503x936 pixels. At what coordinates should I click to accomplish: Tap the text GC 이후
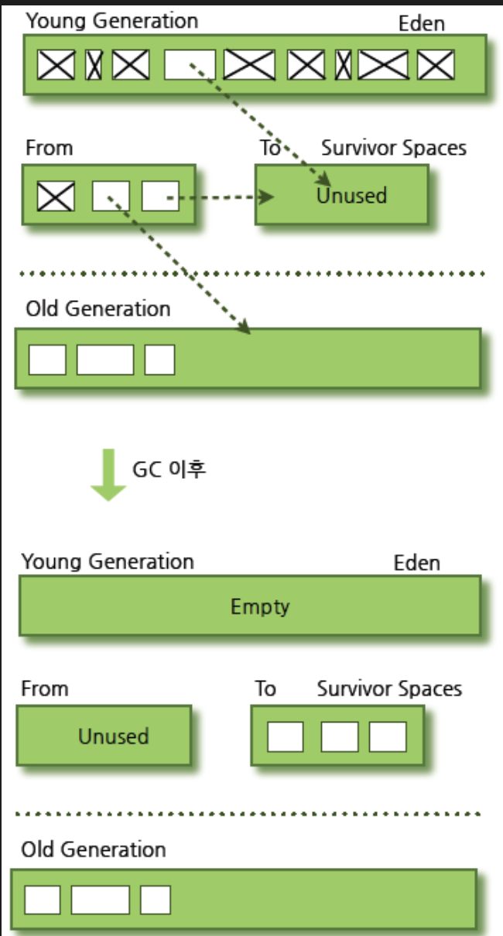pos(169,469)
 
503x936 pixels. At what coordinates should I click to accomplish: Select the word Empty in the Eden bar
pos(260,606)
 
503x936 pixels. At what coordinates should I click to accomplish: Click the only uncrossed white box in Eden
pos(190,65)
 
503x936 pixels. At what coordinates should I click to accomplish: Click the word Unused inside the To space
pos(351,196)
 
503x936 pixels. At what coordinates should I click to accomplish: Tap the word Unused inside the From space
pos(113,736)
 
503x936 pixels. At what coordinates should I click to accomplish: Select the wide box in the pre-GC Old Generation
pos(105,360)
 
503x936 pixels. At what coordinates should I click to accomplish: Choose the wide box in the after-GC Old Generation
pos(101,900)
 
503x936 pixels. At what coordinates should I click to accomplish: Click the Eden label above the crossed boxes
pos(422,24)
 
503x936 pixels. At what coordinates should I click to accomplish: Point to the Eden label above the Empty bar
pos(417,562)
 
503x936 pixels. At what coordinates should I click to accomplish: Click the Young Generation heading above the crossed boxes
pos(112,21)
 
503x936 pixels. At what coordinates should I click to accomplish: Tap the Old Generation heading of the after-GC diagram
pos(94,849)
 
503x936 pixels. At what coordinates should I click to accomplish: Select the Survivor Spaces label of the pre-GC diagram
pos(394,148)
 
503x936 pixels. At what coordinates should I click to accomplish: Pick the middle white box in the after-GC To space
pos(339,736)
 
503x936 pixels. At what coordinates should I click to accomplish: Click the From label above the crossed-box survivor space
pos(49,148)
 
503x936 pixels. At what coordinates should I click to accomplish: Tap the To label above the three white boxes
pos(265,688)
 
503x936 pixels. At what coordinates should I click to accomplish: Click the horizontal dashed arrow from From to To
pos(221,197)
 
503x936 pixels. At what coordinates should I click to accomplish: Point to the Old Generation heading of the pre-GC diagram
pos(98,309)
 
